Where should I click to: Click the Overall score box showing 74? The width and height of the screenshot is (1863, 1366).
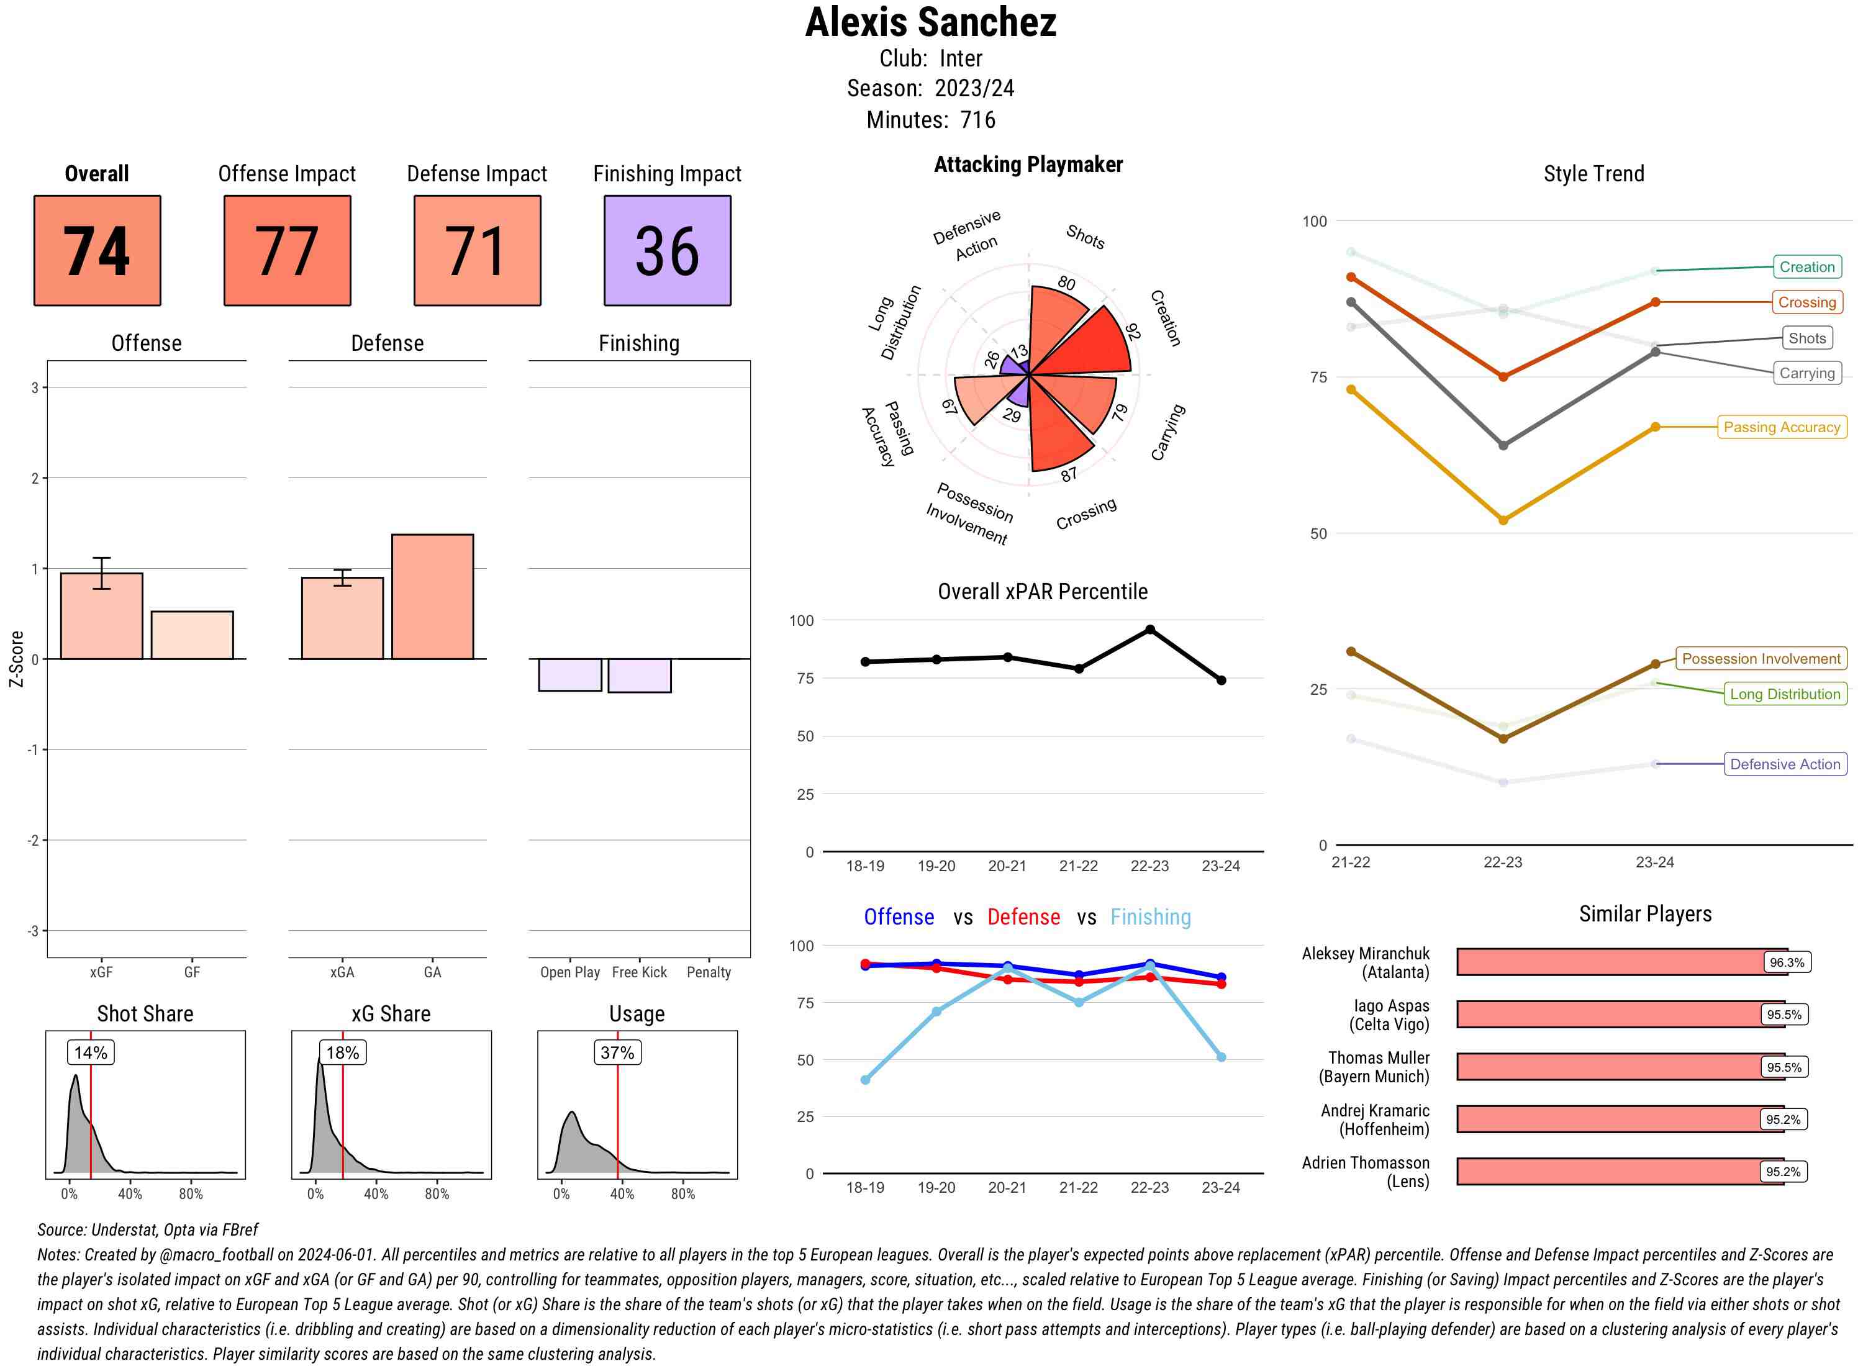97,251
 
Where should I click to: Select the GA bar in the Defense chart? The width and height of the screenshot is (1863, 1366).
432,596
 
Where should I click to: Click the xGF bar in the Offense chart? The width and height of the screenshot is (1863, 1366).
102,616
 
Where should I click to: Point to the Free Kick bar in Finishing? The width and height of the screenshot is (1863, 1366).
639,676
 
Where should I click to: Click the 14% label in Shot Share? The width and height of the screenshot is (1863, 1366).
91,1052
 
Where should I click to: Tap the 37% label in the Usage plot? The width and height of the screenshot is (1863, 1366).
617,1052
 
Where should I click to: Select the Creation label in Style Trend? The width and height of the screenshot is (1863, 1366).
1806,267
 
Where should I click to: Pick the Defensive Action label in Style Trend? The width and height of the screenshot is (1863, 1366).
1785,764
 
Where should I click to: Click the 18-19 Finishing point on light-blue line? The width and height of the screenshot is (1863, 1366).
865,1080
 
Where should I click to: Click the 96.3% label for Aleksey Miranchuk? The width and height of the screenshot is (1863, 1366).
1786,962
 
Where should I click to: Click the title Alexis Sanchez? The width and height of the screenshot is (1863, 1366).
930,22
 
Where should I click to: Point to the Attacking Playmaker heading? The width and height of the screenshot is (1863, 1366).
1028,165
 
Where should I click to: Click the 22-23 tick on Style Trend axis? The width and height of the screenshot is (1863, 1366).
1502,862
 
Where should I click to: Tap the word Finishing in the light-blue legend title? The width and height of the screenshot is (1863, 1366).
1150,917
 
